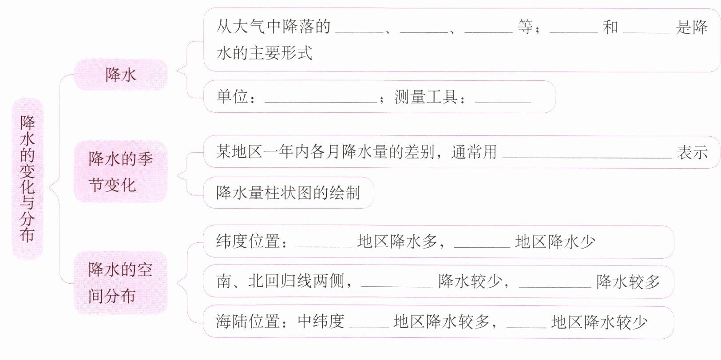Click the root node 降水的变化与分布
coord(28,178)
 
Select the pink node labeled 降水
coord(121,75)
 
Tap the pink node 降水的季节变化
coord(121,172)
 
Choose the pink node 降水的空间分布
coord(121,283)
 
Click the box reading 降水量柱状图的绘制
coord(288,193)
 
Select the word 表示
coord(692,152)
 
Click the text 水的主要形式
coord(265,53)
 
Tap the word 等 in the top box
coord(526,27)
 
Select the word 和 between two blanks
coord(610,27)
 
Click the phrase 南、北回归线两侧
coord(281,281)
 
